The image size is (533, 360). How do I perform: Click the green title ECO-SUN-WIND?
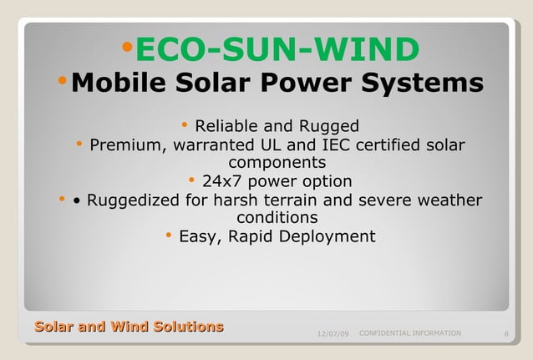pyautogui.click(x=277, y=50)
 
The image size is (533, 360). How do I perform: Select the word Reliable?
pyautogui.click(x=226, y=127)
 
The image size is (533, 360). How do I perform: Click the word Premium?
pyautogui.click(x=126, y=146)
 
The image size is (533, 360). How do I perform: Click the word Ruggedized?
pyautogui.click(x=133, y=200)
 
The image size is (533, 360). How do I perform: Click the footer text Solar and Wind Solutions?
pyautogui.click(x=129, y=327)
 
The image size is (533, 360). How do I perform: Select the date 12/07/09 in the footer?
pyautogui.click(x=333, y=335)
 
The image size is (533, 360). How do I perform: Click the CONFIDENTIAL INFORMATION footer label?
pyautogui.click(x=409, y=333)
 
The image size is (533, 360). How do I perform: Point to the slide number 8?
pyautogui.click(x=507, y=335)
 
